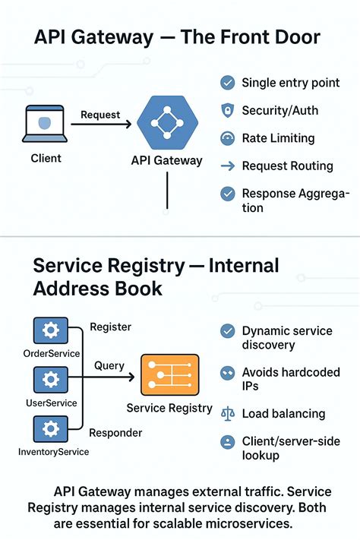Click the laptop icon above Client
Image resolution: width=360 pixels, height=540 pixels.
pos(45,124)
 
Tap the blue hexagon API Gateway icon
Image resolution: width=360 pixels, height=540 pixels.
pos(167,122)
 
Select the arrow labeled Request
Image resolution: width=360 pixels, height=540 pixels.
pos(101,124)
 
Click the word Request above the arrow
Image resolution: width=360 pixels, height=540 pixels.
pos(100,115)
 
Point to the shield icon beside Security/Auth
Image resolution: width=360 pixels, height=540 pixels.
pos(227,111)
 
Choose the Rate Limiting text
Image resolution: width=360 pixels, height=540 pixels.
pos(278,138)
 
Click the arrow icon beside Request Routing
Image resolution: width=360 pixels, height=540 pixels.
pos(227,166)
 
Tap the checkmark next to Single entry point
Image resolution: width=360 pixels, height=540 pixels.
pos(227,83)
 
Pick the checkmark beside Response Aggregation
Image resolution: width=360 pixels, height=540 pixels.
pos(227,194)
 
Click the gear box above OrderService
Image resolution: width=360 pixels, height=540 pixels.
pos(51,330)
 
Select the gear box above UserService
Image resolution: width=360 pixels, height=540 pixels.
pos(51,380)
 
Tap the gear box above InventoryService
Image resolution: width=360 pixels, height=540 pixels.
pos(51,429)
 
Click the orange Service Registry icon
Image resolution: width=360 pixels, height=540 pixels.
pos(170,374)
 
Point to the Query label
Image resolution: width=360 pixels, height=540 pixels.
pos(109,366)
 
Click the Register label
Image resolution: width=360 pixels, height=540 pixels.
pos(111,327)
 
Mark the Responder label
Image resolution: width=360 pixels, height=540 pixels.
pos(115,433)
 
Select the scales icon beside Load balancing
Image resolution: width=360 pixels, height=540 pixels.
pos(227,414)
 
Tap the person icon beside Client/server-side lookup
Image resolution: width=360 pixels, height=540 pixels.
pos(227,442)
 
